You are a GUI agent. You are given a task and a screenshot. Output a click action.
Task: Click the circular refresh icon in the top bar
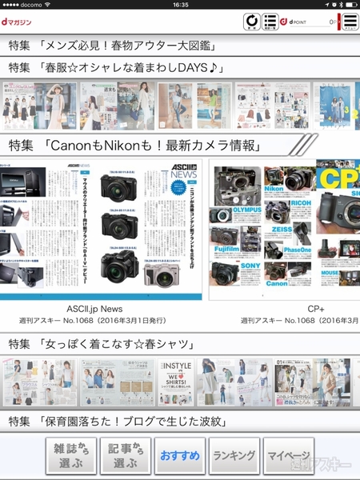[x=251, y=22]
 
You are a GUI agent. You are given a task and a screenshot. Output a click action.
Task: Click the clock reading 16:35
[x=180, y=5]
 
